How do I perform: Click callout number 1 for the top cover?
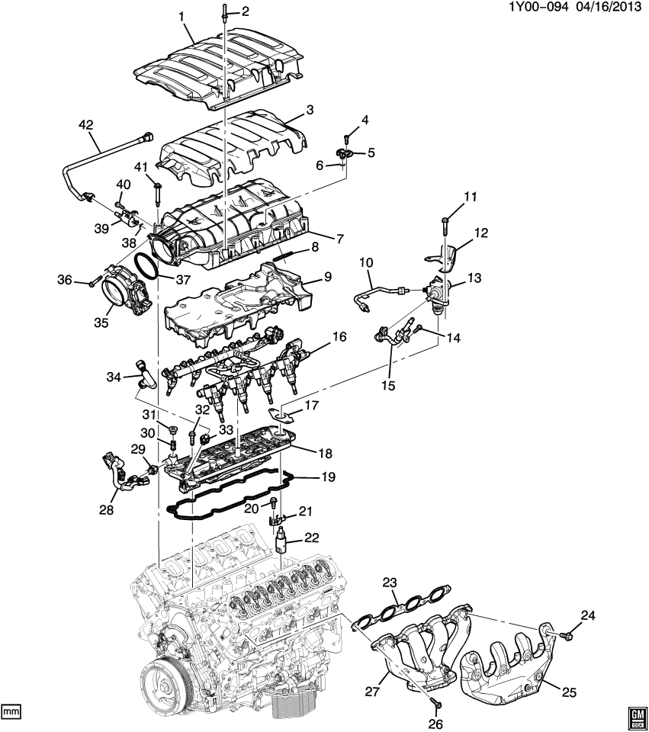tap(182, 14)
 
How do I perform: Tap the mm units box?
tap(11, 711)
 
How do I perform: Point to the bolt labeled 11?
tap(445, 224)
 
